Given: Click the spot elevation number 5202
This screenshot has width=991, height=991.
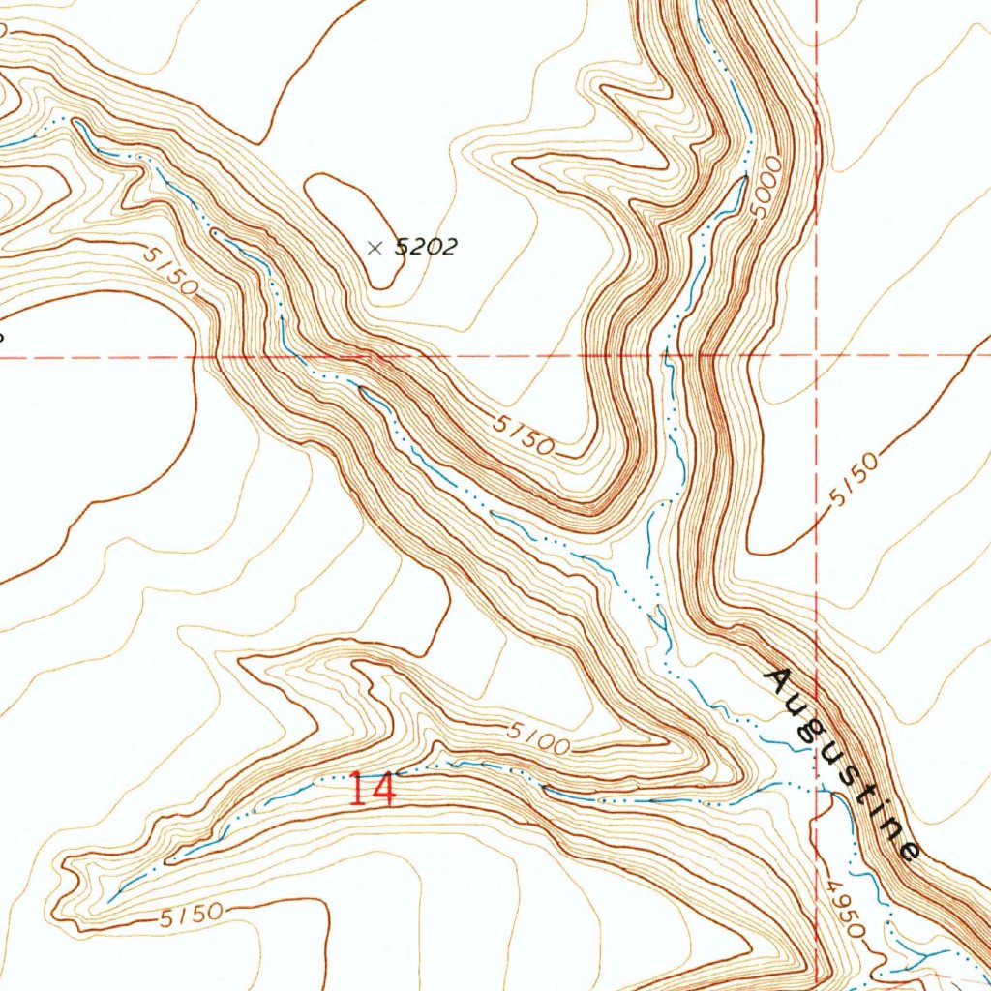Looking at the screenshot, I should [426, 248].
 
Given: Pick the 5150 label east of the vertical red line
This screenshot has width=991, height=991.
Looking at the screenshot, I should [855, 481].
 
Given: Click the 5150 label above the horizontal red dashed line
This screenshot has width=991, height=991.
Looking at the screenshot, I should [173, 271].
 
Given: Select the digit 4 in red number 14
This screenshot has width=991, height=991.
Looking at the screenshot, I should [383, 790].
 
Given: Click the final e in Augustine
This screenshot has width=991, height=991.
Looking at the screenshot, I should [908, 852].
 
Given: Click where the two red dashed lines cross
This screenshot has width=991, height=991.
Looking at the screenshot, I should [817, 356].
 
